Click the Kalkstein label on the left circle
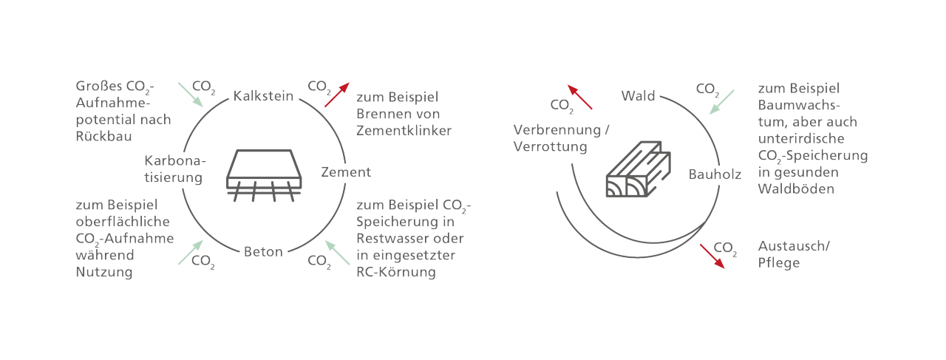click(263, 96)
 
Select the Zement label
click(346, 172)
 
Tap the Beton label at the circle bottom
click(263, 252)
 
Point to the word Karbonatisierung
click(174, 169)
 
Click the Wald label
click(639, 96)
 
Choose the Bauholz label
click(715, 175)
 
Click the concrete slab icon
click(263, 174)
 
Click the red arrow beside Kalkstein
click(336, 95)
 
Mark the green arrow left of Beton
click(189, 252)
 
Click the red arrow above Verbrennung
click(579, 97)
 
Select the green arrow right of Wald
click(722, 102)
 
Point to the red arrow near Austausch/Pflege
click(712, 255)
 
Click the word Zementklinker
click(404, 131)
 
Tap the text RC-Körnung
click(396, 272)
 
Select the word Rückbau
click(102, 136)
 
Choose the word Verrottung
click(550, 146)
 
